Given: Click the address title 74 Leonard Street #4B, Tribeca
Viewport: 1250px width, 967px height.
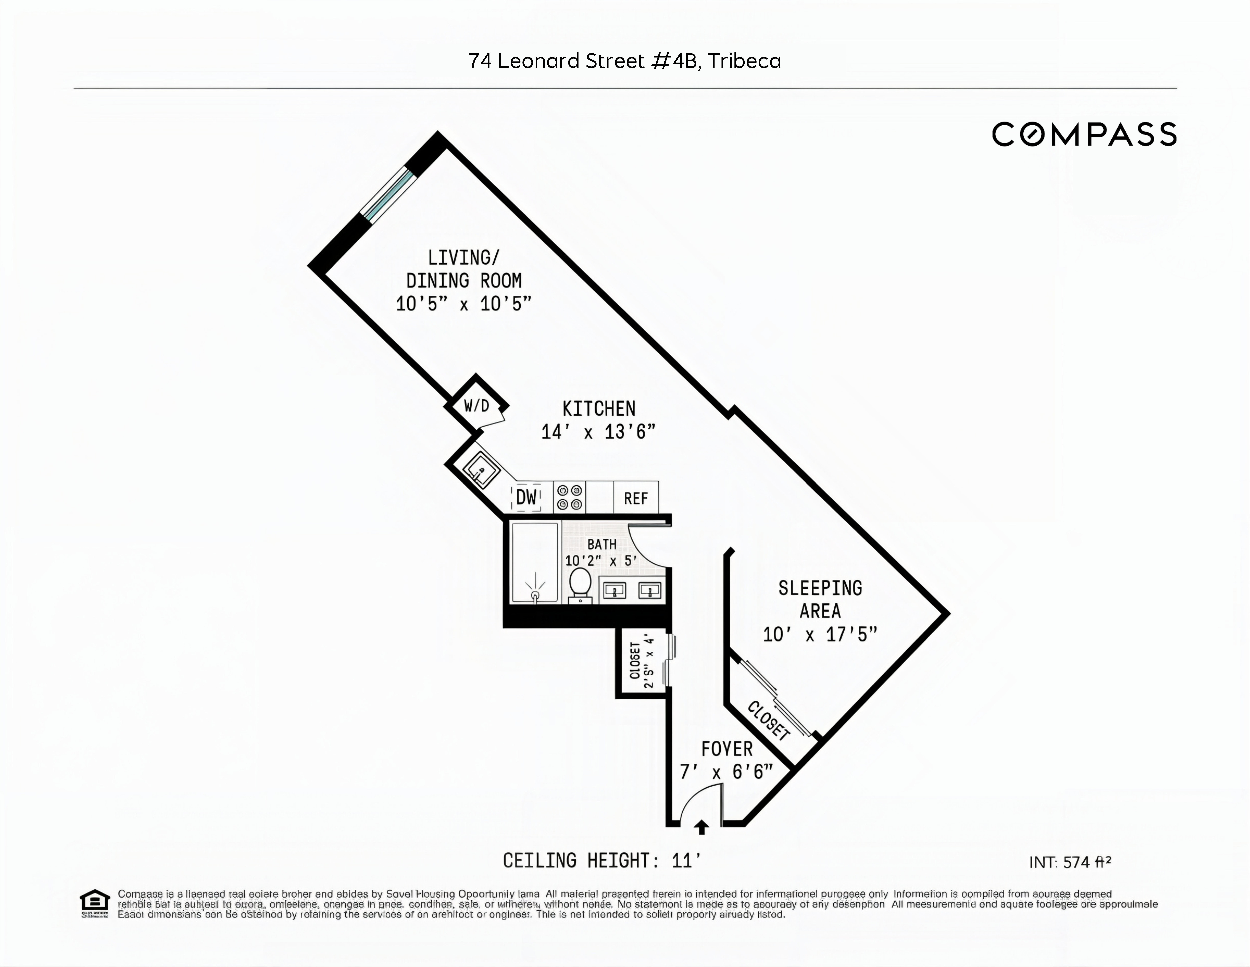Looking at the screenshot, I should (x=624, y=61).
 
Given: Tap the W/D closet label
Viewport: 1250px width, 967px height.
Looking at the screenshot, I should (x=476, y=406).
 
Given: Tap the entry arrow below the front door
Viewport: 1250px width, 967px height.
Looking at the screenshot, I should (x=702, y=827).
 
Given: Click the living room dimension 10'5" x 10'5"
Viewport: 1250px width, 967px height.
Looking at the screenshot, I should (x=464, y=303).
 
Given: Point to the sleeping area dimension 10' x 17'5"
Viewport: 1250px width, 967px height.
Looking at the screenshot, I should (x=820, y=634).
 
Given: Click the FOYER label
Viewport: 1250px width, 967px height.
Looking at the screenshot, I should (x=727, y=749).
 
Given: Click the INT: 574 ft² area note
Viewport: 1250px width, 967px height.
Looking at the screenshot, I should (x=1070, y=862).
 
